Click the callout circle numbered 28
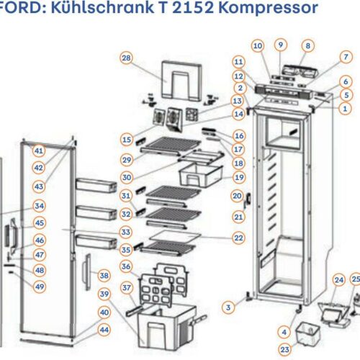coord(126,58)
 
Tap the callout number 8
coord(307,46)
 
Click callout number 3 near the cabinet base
coord(228,307)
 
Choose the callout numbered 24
coord(338,279)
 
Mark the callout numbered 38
coord(104,275)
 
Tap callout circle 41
coord(39,151)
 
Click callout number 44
coord(104,329)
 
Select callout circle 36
coord(126,267)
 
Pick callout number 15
coord(126,138)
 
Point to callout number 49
coord(39,287)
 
